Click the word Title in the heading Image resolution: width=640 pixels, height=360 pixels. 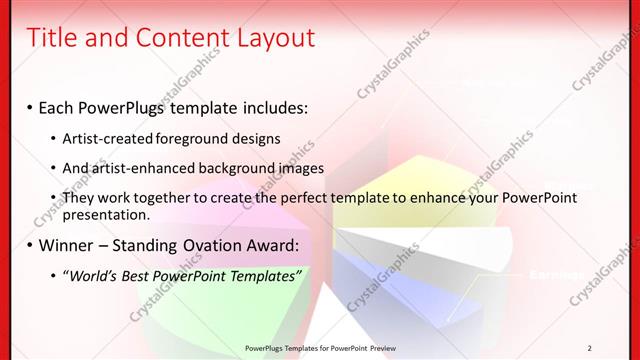(50, 38)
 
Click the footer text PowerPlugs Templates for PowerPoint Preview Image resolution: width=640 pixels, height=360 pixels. (319, 347)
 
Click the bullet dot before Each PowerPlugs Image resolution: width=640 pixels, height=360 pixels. (30, 107)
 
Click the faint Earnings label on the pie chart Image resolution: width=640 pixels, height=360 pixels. (553, 274)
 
